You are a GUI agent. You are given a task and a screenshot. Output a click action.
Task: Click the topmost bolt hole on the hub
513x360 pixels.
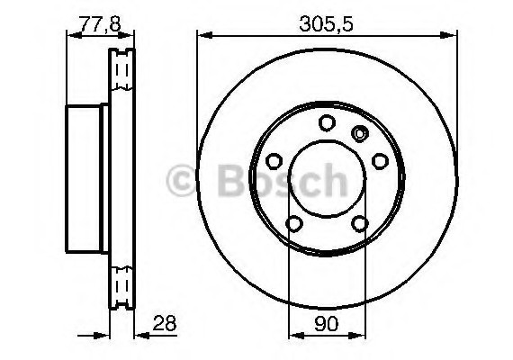click(x=327, y=123)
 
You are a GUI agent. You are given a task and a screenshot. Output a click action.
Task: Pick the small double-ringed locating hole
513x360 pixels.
click(x=361, y=135)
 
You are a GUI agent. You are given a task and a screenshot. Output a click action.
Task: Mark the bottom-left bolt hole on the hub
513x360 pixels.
click(x=293, y=224)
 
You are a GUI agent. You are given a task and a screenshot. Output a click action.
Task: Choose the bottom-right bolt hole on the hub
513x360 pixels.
click(x=360, y=224)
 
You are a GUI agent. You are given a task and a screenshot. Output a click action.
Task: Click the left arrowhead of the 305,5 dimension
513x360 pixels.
click(x=201, y=36)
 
